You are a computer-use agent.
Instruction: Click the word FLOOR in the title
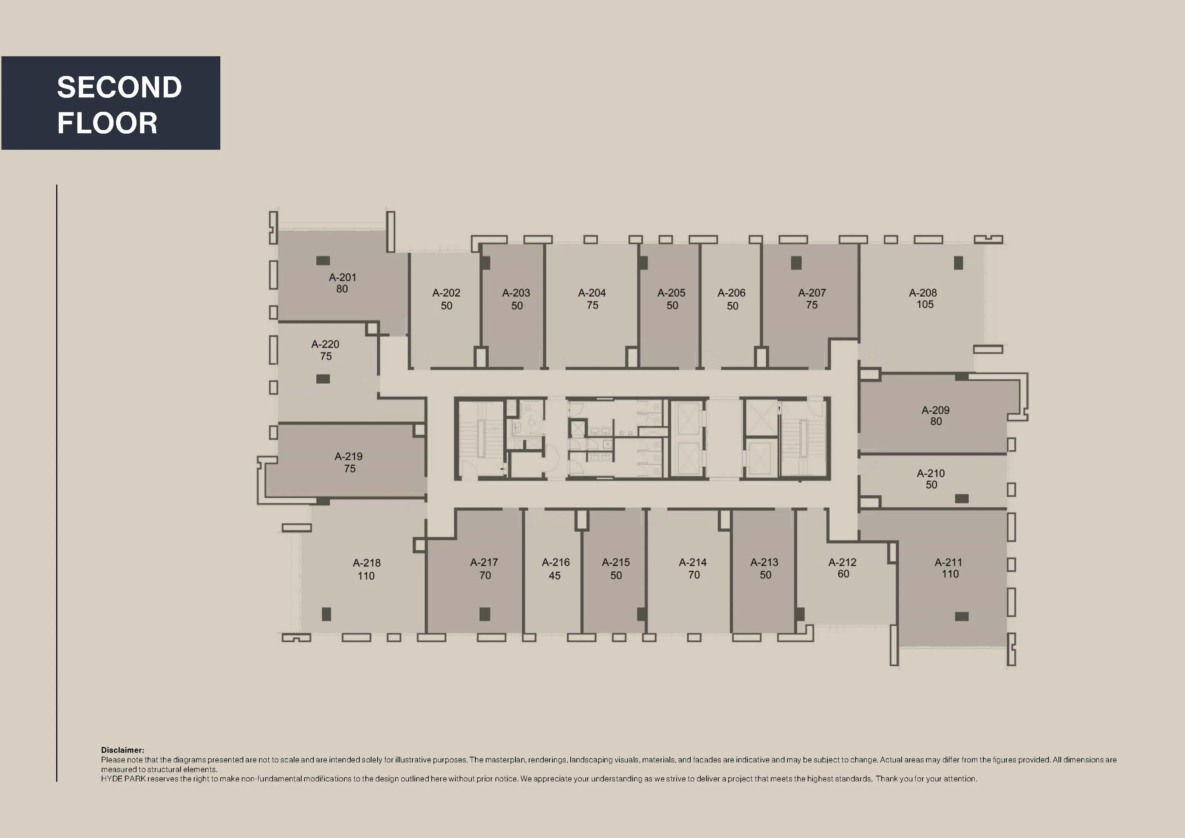tap(107, 123)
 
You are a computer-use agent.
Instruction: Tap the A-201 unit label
tap(342, 277)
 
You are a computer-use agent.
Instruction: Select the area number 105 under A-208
tap(925, 305)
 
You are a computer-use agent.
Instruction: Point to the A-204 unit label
tap(592, 293)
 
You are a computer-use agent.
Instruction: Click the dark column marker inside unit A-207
tap(796, 263)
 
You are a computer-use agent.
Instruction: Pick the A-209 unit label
tap(935, 410)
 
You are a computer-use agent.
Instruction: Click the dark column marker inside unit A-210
tap(961, 498)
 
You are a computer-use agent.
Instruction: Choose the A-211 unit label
tap(948, 562)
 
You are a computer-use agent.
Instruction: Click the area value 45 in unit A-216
tap(554, 576)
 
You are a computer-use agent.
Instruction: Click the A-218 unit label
tap(366, 563)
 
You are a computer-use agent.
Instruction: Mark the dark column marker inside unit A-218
tap(326, 614)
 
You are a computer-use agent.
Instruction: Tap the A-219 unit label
tap(349, 456)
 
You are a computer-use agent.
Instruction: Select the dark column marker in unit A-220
tap(323, 379)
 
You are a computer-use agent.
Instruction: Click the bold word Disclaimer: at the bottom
tap(122, 750)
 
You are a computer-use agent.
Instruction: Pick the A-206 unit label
tap(731, 293)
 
